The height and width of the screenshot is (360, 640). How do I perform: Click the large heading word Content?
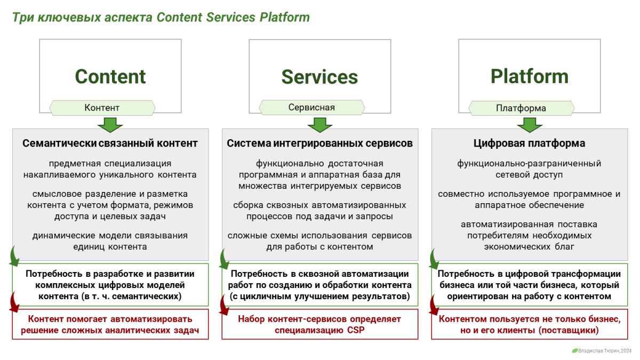pos(110,77)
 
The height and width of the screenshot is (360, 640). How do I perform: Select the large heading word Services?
pos(319,77)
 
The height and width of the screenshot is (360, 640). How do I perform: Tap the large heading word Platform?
pos(529,77)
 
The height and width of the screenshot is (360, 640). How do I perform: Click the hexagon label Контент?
pos(102,108)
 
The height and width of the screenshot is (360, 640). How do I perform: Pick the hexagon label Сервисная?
pos(311,107)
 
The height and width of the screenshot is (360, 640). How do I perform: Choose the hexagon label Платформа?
pos(521,108)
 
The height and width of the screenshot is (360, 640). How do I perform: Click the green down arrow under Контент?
pos(110,125)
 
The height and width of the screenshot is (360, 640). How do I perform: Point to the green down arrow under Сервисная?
pos(320,125)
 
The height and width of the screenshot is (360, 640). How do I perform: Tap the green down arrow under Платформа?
pos(530,125)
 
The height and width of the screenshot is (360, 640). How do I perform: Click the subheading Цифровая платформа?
pos(529,143)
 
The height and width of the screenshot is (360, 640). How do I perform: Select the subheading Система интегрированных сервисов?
pos(319,143)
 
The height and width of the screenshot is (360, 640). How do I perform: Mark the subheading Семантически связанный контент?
pos(110,143)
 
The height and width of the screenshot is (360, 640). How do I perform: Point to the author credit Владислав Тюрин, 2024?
pos(605,351)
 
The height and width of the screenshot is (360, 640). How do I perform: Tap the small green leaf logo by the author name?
pos(574,351)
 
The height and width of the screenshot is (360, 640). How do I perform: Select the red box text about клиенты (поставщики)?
pos(529,324)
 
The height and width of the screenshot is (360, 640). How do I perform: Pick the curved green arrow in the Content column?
pos(15,257)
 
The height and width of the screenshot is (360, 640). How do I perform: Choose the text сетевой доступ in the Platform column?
pos(529,174)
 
